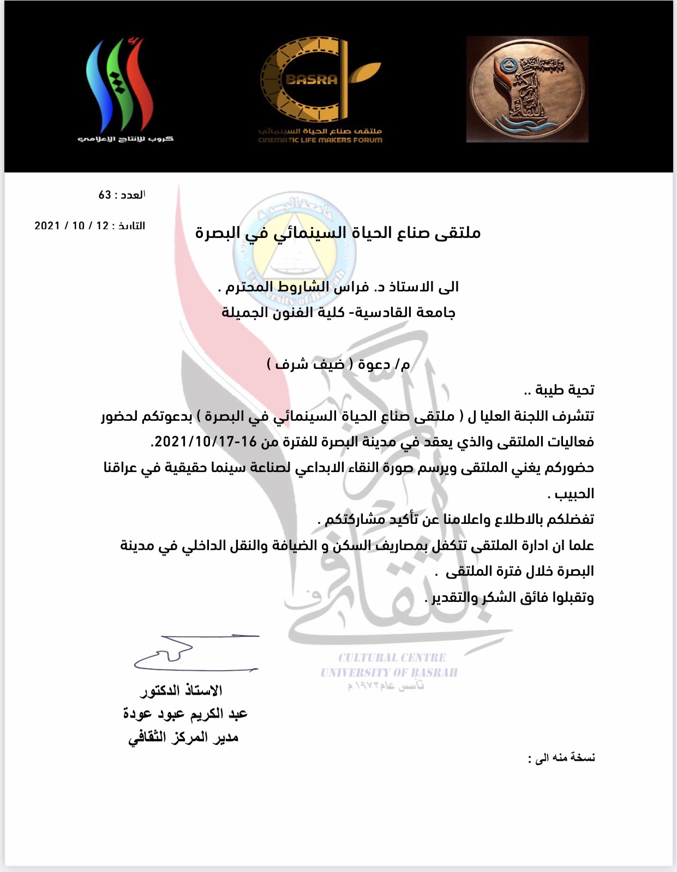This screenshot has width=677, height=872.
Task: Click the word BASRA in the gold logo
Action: tap(311, 80)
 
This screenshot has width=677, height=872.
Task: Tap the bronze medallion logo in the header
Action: tap(527, 89)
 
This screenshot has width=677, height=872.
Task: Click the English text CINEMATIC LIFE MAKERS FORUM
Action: tap(320, 140)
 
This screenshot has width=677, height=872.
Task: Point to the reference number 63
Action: tap(105, 195)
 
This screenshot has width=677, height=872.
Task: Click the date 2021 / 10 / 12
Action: tap(71, 225)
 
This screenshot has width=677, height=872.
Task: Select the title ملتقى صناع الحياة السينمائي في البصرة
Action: tap(338, 233)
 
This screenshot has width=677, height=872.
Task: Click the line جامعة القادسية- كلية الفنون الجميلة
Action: tap(338, 313)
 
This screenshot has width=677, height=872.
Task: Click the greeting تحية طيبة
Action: tap(564, 390)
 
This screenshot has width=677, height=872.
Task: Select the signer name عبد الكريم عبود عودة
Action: tap(185, 714)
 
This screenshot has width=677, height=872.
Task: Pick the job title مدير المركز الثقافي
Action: tap(183, 738)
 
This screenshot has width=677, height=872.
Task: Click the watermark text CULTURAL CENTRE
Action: tap(392, 658)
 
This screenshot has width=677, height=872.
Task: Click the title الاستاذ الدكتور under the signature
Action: tap(182, 691)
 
